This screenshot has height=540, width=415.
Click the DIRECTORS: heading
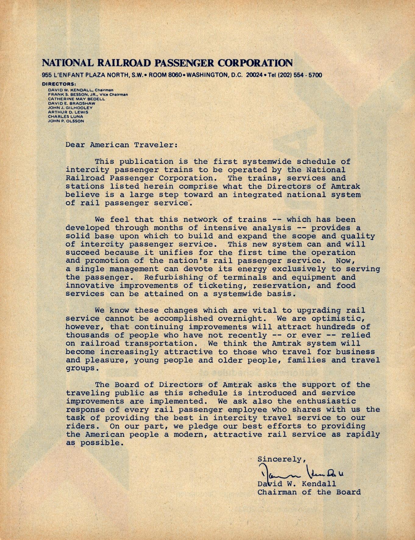point(59,84)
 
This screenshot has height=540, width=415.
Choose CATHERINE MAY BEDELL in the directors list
point(76,99)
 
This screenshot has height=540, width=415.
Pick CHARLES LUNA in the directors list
point(65,116)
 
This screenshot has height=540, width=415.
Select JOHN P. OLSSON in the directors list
point(66,121)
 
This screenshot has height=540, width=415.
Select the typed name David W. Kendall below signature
point(297,484)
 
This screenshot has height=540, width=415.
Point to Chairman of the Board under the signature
point(309,492)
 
